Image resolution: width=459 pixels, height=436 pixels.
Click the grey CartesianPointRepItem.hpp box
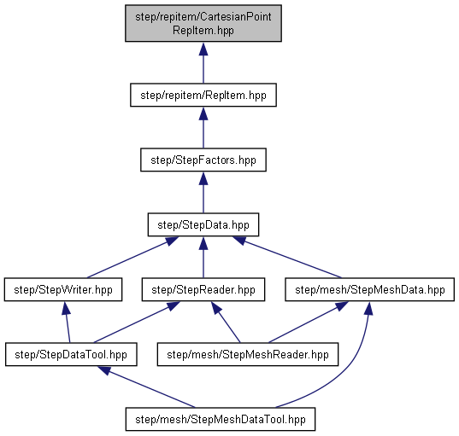[203, 23]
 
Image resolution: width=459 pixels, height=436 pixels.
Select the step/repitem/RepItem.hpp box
[203, 96]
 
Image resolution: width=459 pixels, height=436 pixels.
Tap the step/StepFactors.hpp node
[203, 160]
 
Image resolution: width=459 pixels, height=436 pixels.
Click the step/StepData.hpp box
[203, 224]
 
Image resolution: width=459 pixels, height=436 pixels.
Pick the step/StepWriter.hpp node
[63, 289]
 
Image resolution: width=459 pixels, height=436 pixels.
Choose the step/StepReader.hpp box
[203, 289]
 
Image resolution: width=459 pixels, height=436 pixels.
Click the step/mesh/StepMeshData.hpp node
[370, 289]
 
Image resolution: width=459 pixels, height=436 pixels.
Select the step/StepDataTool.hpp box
[71, 354]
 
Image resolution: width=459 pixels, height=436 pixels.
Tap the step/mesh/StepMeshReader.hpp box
[248, 354]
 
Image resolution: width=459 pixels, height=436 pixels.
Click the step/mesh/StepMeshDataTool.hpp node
[221, 419]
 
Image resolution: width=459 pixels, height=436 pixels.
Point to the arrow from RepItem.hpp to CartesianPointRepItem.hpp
[203, 63]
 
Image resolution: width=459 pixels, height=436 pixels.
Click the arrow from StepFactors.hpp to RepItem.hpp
[203, 128]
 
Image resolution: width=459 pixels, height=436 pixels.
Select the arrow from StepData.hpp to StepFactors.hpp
[203, 193]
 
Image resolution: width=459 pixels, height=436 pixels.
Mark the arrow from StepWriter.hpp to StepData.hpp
[132, 257]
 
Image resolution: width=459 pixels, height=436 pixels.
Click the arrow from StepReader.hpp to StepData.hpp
[203, 257]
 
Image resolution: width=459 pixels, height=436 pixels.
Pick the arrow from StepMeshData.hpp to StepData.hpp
[287, 257]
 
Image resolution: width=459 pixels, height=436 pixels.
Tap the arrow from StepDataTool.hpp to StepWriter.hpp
[67, 322]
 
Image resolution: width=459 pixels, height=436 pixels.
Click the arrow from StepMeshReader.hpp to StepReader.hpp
[226, 322]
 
